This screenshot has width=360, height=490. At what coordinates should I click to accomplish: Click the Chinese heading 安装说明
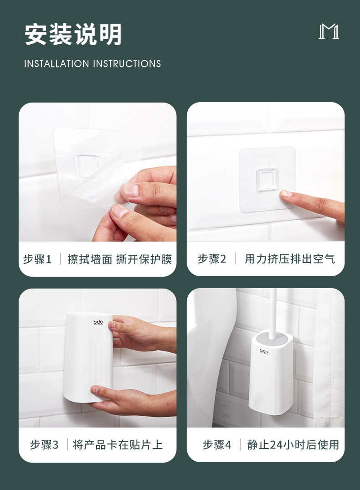[73, 35]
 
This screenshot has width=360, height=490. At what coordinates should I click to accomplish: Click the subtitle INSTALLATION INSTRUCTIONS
[93, 64]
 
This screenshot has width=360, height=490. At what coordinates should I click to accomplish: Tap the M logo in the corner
[329, 32]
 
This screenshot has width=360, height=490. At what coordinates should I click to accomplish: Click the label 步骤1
[37, 259]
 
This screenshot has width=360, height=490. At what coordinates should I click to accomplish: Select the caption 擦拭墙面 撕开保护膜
[120, 259]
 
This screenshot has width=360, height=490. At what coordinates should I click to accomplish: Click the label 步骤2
[212, 259]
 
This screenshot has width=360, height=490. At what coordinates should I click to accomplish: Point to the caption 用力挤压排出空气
[290, 259]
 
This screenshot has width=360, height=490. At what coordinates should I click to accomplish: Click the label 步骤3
[44, 444]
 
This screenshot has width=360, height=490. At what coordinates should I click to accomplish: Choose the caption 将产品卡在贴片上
[118, 444]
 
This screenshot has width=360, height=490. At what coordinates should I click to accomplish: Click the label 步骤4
[217, 444]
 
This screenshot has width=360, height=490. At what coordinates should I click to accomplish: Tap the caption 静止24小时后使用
[293, 444]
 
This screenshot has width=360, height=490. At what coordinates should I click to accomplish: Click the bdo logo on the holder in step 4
[264, 351]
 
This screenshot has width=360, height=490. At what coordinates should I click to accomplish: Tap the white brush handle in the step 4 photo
[273, 310]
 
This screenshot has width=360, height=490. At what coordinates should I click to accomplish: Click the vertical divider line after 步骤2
[235, 259]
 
